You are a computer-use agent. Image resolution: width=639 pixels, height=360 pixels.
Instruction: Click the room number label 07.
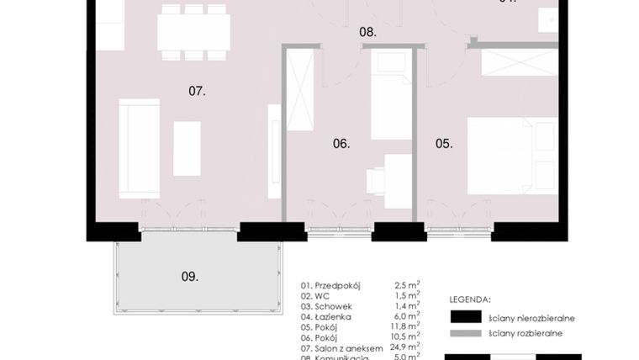pyautogui.click(x=197, y=91)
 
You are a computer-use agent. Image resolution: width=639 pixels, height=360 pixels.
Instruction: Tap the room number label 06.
pyautogui.click(x=341, y=144)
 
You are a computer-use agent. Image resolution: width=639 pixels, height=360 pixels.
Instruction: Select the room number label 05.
pyautogui.click(x=444, y=144)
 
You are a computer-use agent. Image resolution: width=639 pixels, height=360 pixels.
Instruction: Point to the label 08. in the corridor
pyautogui.click(x=367, y=33)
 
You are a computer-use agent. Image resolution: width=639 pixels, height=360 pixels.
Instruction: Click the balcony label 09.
pyautogui.click(x=190, y=276)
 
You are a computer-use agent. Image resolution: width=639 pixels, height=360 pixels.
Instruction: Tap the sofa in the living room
pyautogui.click(x=139, y=148)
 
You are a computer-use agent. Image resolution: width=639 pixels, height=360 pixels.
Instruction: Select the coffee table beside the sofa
pyautogui.click(x=187, y=148)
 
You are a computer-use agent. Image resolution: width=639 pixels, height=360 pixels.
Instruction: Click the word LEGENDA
pyautogui.click(x=470, y=299)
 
